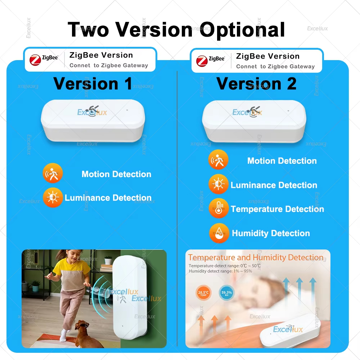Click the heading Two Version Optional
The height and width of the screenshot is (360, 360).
tap(176, 30)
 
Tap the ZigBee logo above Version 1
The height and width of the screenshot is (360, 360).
tap(44, 60)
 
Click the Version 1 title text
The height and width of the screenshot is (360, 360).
tap(93, 84)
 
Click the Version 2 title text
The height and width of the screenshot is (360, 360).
tap(256, 84)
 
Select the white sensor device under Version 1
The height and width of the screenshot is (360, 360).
tap(93, 120)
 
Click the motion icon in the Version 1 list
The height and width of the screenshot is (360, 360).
tap(53, 174)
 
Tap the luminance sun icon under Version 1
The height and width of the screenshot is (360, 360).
tap(53, 197)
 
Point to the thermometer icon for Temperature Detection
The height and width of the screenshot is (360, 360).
tap(219, 208)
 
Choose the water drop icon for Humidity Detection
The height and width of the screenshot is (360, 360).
tap(219, 233)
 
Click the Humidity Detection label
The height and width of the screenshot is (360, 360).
tap(271, 233)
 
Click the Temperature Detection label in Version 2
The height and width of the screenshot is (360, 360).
tap(277, 209)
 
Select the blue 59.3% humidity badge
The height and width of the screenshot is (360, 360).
tap(226, 293)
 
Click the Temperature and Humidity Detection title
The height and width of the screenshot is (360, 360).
tap(256, 257)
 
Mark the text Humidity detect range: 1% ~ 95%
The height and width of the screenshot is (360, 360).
tap(220, 271)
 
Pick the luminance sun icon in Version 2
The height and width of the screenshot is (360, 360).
tap(218, 184)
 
